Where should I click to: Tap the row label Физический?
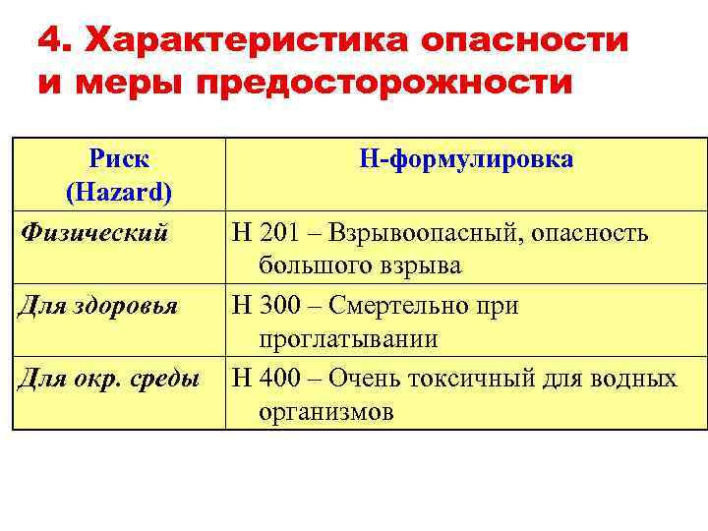94,233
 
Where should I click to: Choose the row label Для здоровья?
98,306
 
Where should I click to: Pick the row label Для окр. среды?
108,379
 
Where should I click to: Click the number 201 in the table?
279,233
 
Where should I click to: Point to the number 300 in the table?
279,306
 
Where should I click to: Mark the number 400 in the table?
279,379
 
